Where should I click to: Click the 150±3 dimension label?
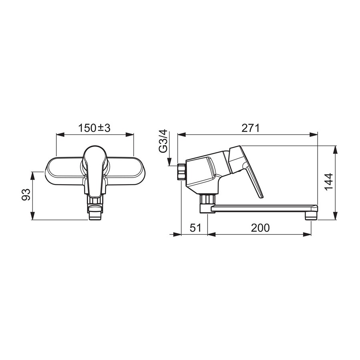coord(94,128)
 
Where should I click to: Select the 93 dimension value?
coord(26,194)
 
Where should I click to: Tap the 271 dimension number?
coord(250,128)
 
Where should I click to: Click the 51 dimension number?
coord(195,228)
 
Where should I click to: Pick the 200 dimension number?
coord(260,228)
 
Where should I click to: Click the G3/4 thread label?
coord(164,141)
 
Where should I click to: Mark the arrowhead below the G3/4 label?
coord(169,162)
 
